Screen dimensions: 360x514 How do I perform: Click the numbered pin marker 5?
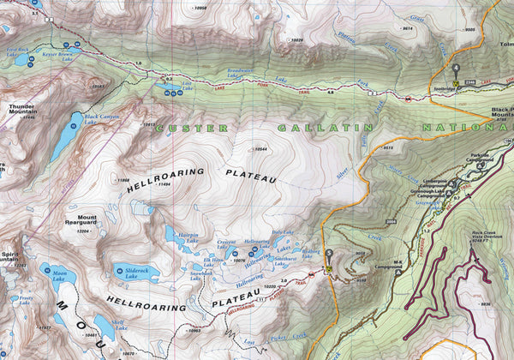point(328,257)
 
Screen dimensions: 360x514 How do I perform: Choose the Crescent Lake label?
point(227,245)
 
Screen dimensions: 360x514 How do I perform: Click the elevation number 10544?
point(260,150)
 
